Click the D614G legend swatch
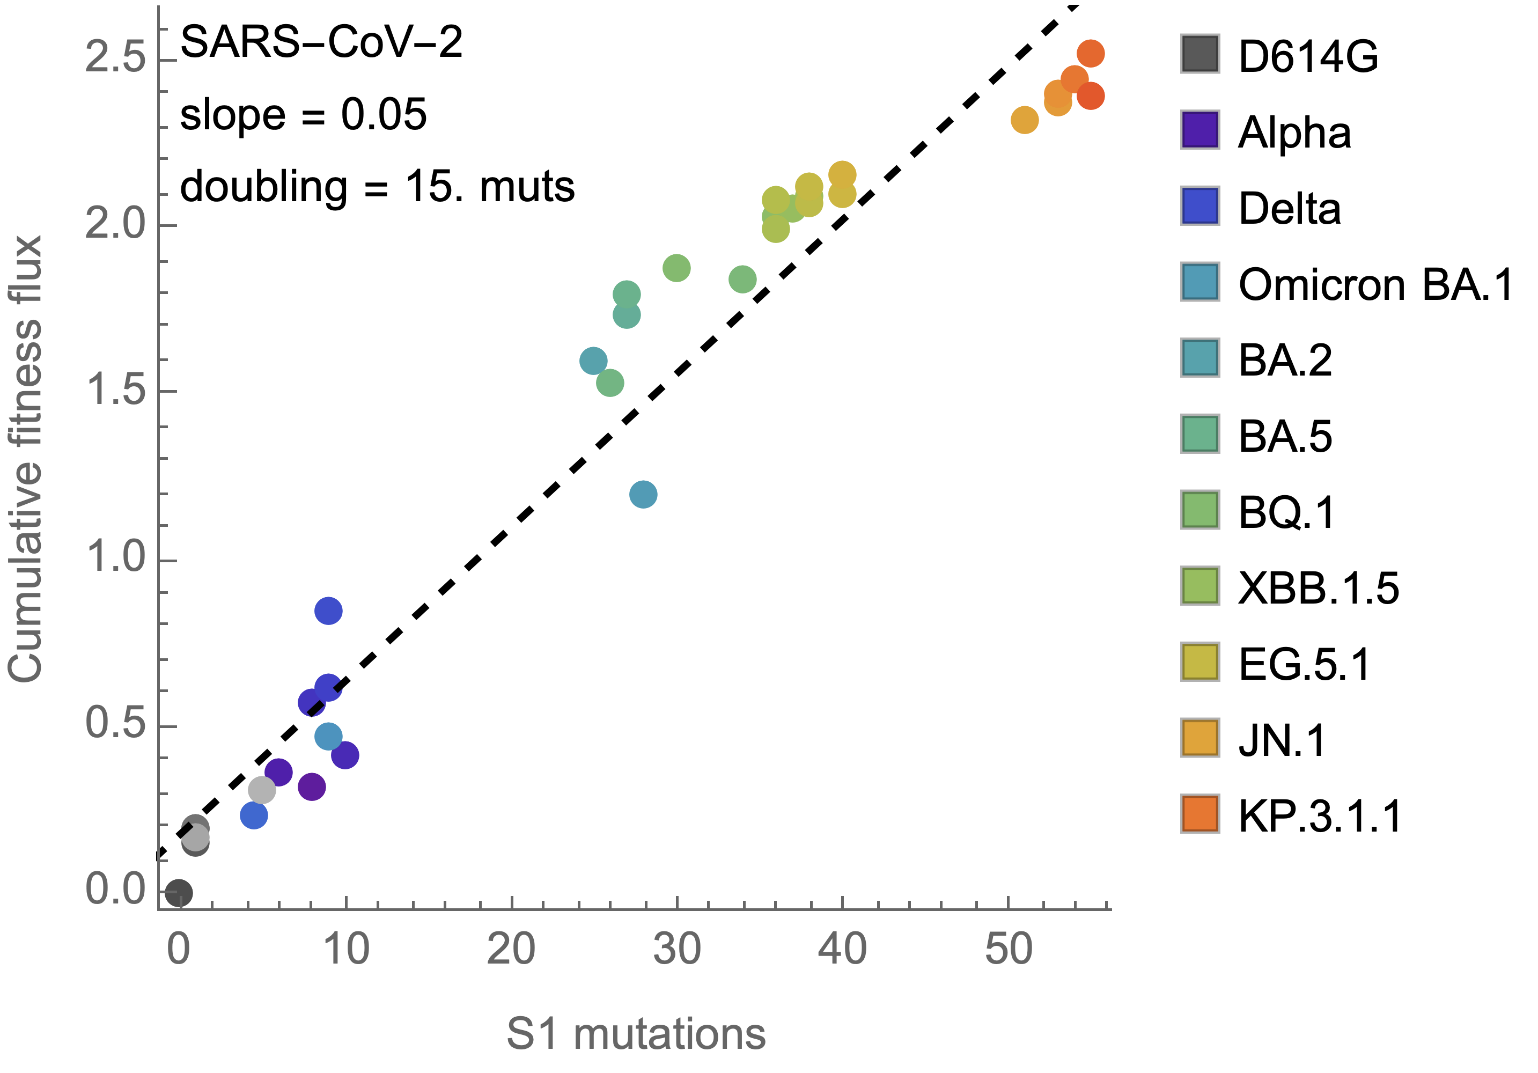coord(1199,54)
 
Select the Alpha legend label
coord(1294,132)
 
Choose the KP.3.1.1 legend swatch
coord(1199,814)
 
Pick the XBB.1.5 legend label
coord(1318,588)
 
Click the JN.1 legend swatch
coord(1199,738)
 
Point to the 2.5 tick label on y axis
coord(115,56)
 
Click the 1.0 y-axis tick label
coord(115,556)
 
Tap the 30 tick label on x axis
coord(677,950)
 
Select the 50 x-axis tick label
coord(1008,950)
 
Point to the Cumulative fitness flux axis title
coord(25,459)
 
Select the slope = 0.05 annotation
coord(303,114)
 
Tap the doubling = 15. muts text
coord(377,186)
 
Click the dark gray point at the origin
coord(178,893)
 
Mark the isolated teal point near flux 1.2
coord(643,494)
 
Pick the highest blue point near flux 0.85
coord(328,610)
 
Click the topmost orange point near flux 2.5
coord(1091,54)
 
